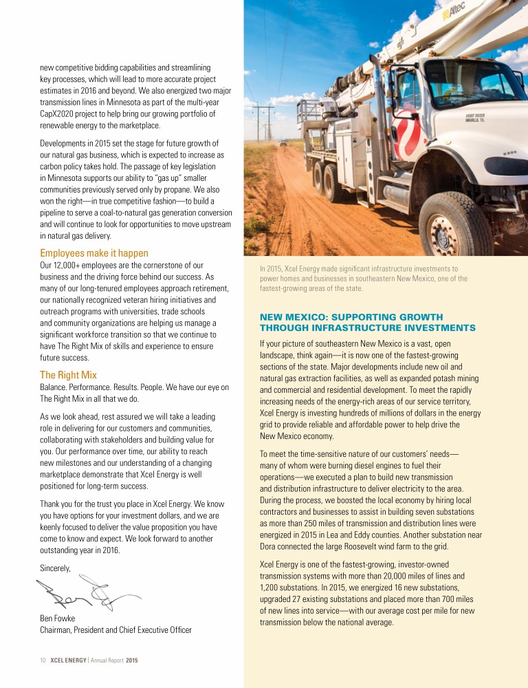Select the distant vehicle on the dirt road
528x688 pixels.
(x=283, y=143)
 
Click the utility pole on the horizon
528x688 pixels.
(x=263, y=121)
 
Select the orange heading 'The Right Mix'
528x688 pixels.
(x=68, y=375)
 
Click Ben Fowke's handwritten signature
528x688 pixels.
(x=82, y=593)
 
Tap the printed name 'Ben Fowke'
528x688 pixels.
(x=57, y=618)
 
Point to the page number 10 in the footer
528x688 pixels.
(x=42, y=660)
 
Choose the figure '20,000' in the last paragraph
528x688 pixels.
(x=387, y=575)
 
